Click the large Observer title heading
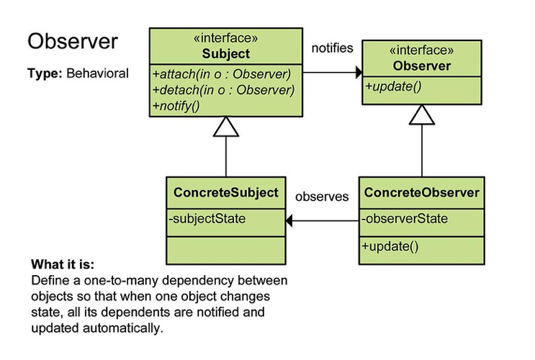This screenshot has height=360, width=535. (x=72, y=41)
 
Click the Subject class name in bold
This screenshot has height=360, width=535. (x=226, y=54)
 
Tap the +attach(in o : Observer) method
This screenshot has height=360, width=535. (x=221, y=74)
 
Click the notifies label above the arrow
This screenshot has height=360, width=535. (x=332, y=48)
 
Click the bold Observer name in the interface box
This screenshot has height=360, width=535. (x=421, y=66)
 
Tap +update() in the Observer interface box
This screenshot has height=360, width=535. (x=392, y=87)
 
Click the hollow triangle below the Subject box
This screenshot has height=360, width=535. (x=226, y=127)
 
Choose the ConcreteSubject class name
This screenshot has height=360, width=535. (x=225, y=193)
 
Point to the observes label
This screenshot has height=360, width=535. (x=322, y=196)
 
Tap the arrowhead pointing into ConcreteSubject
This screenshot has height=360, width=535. (x=290, y=222)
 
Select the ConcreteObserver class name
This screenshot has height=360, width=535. (x=422, y=193)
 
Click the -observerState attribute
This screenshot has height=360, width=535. (x=405, y=218)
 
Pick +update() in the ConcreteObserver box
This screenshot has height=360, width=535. (x=390, y=246)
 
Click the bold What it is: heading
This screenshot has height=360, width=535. (x=63, y=264)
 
